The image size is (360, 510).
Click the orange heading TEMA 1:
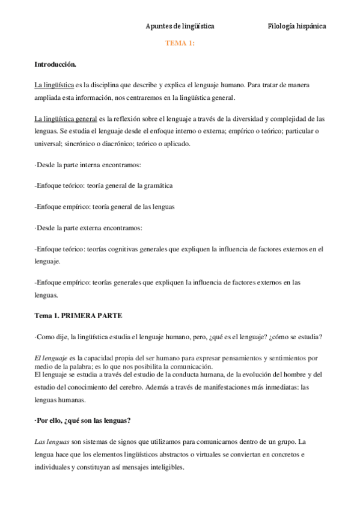[x=180, y=44]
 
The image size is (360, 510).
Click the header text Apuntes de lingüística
[x=180, y=26]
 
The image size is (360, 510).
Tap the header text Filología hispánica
[x=297, y=26]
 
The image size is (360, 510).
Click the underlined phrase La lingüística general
[x=66, y=118]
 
